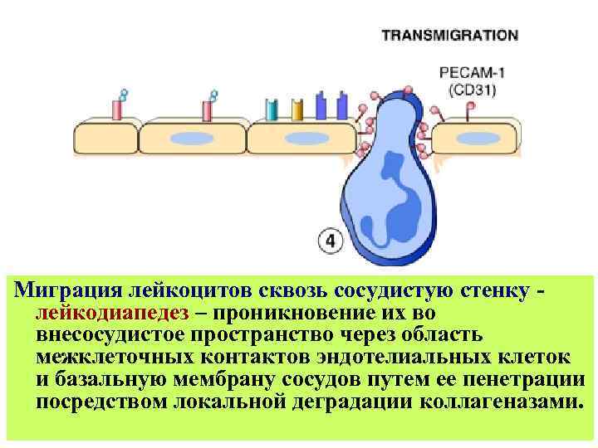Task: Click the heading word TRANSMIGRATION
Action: tap(449, 36)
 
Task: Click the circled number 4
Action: tap(330, 241)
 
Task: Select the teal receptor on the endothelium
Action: tap(271, 109)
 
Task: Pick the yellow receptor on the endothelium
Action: tap(297, 109)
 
